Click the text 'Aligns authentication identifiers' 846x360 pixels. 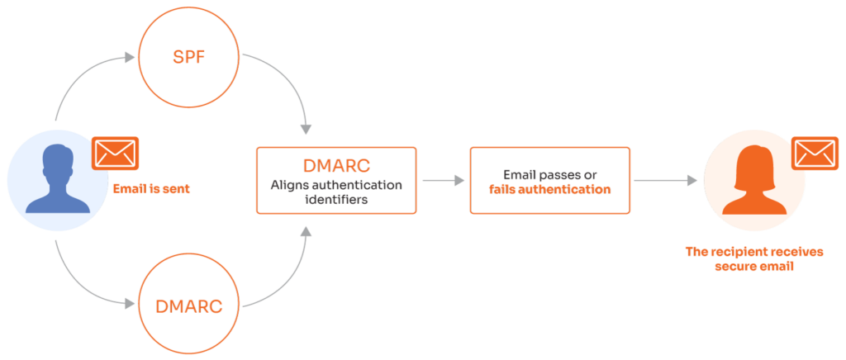(x=336, y=192)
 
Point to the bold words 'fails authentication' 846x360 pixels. (x=549, y=189)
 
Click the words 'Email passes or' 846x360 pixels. (x=549, y=174)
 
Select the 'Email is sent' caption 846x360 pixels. (x=151, y=188)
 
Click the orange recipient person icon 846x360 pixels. (x=753, y=182)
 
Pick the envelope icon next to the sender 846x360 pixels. (x=116, y=153)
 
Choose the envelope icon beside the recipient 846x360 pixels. (x=815, y=154)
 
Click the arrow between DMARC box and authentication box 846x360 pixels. (x=443, y=180)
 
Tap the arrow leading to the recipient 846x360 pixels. (x=665, y=180)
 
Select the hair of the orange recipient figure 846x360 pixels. (x=753, y=157)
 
